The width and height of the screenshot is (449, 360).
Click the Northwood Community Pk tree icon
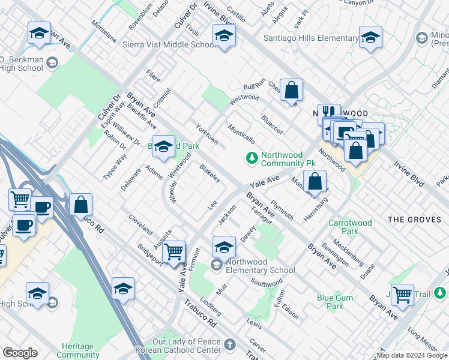click(252, 158)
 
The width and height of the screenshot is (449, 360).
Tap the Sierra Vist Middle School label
click(169, 45)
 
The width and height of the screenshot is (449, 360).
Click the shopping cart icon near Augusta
click(174, 251)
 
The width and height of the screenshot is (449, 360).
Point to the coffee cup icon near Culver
click(24, 225)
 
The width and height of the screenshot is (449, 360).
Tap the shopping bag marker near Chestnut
click(291, 90)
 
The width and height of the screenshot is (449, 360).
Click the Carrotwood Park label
click(350, 227)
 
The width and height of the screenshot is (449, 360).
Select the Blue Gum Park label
click(330, 301)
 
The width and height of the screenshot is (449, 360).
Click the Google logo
click(20, 353)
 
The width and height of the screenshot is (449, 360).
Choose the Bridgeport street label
click(149, 254)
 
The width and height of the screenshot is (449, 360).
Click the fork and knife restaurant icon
click(328, 112)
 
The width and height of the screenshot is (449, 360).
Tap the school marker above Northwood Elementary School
click(224, 246)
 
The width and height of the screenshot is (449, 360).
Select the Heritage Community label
click(78, 351)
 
